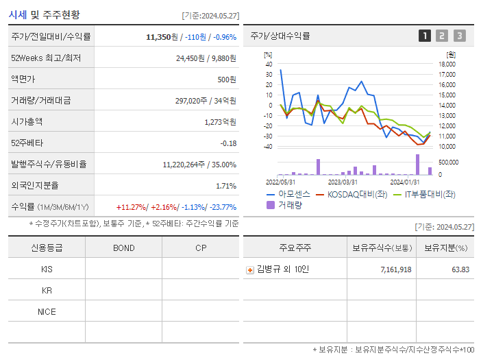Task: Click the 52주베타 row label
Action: [27, 143]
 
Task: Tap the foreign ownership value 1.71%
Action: [225, 185]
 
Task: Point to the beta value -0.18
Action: [227, 143]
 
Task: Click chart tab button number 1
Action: [425, 36]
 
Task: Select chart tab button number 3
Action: [459, 36]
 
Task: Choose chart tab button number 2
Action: [442, 36]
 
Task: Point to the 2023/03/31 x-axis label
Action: [343, 182]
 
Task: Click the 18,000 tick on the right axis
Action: [446, 64]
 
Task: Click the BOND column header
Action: [123, 248]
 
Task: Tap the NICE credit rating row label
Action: [47, 311]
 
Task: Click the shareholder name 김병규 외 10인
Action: [282, 269]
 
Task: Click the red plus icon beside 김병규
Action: [250, 269]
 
